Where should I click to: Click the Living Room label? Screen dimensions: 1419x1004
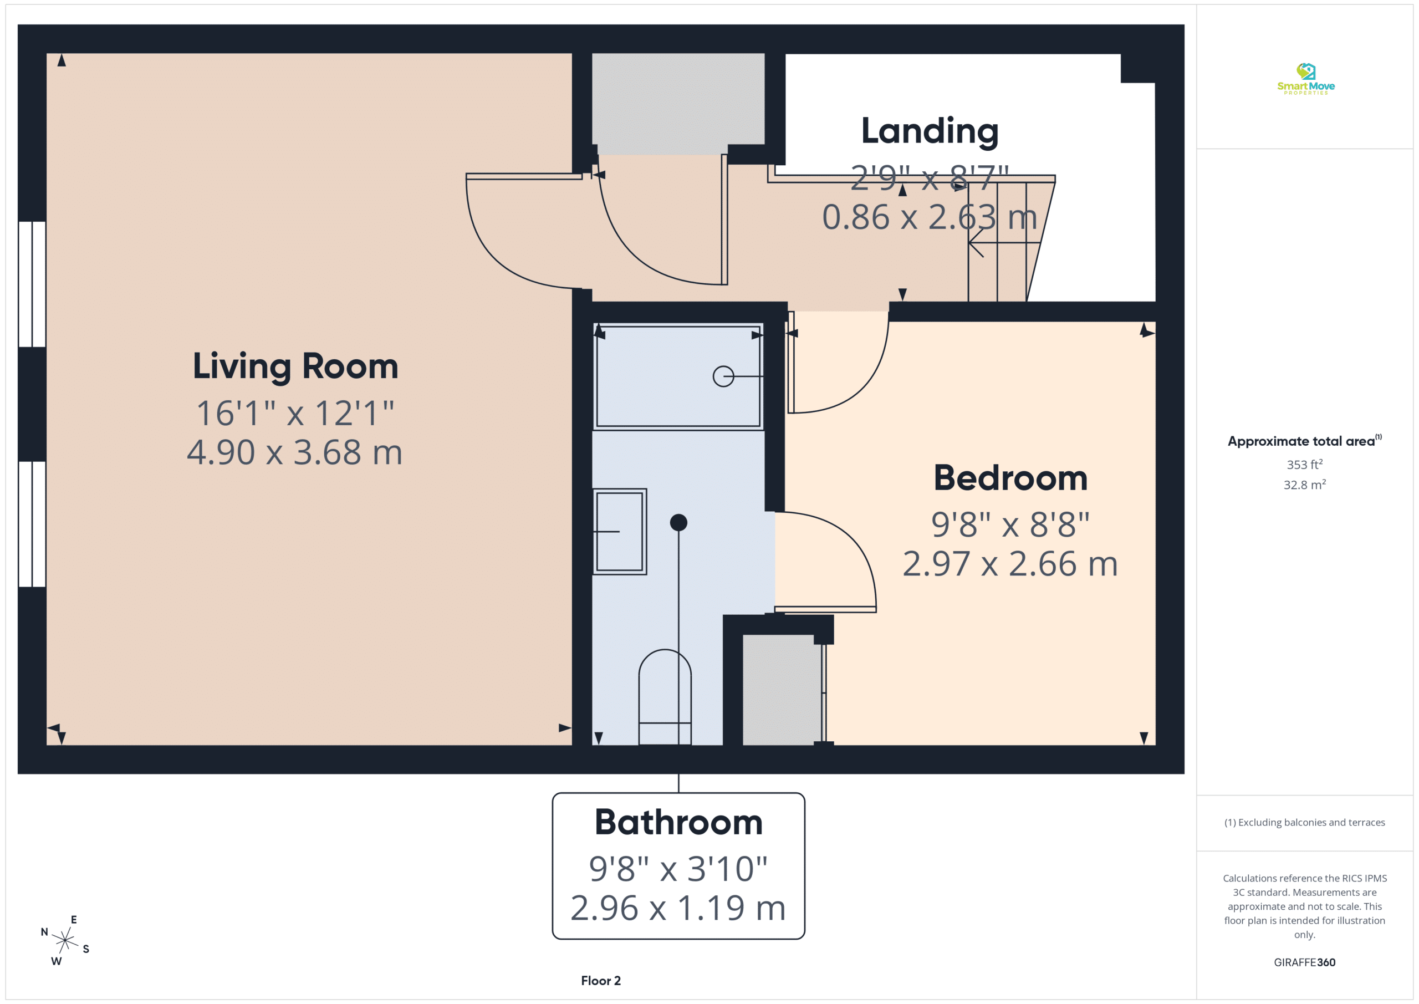295,366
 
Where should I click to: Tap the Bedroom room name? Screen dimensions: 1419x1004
1010,478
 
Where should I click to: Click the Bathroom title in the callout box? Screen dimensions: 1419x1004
678,822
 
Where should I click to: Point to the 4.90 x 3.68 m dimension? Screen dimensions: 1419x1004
295,452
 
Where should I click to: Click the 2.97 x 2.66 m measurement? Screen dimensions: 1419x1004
1010,564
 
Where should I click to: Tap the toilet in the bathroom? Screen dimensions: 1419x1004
665,697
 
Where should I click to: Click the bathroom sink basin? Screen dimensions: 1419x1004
619,532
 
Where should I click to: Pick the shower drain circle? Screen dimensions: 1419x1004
723,376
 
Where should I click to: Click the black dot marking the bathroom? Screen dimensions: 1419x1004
678,522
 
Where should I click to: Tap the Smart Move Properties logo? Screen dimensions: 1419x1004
1306,79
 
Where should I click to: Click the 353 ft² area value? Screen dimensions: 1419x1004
1305,463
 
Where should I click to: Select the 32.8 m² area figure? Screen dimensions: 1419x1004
1305,484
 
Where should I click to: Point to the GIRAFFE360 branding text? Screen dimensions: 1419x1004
1305,962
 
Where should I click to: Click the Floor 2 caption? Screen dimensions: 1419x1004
601,981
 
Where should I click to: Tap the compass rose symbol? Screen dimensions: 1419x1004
65,940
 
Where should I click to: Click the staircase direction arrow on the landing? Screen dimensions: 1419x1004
1004,242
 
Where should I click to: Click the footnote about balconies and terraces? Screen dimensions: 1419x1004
1305,822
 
